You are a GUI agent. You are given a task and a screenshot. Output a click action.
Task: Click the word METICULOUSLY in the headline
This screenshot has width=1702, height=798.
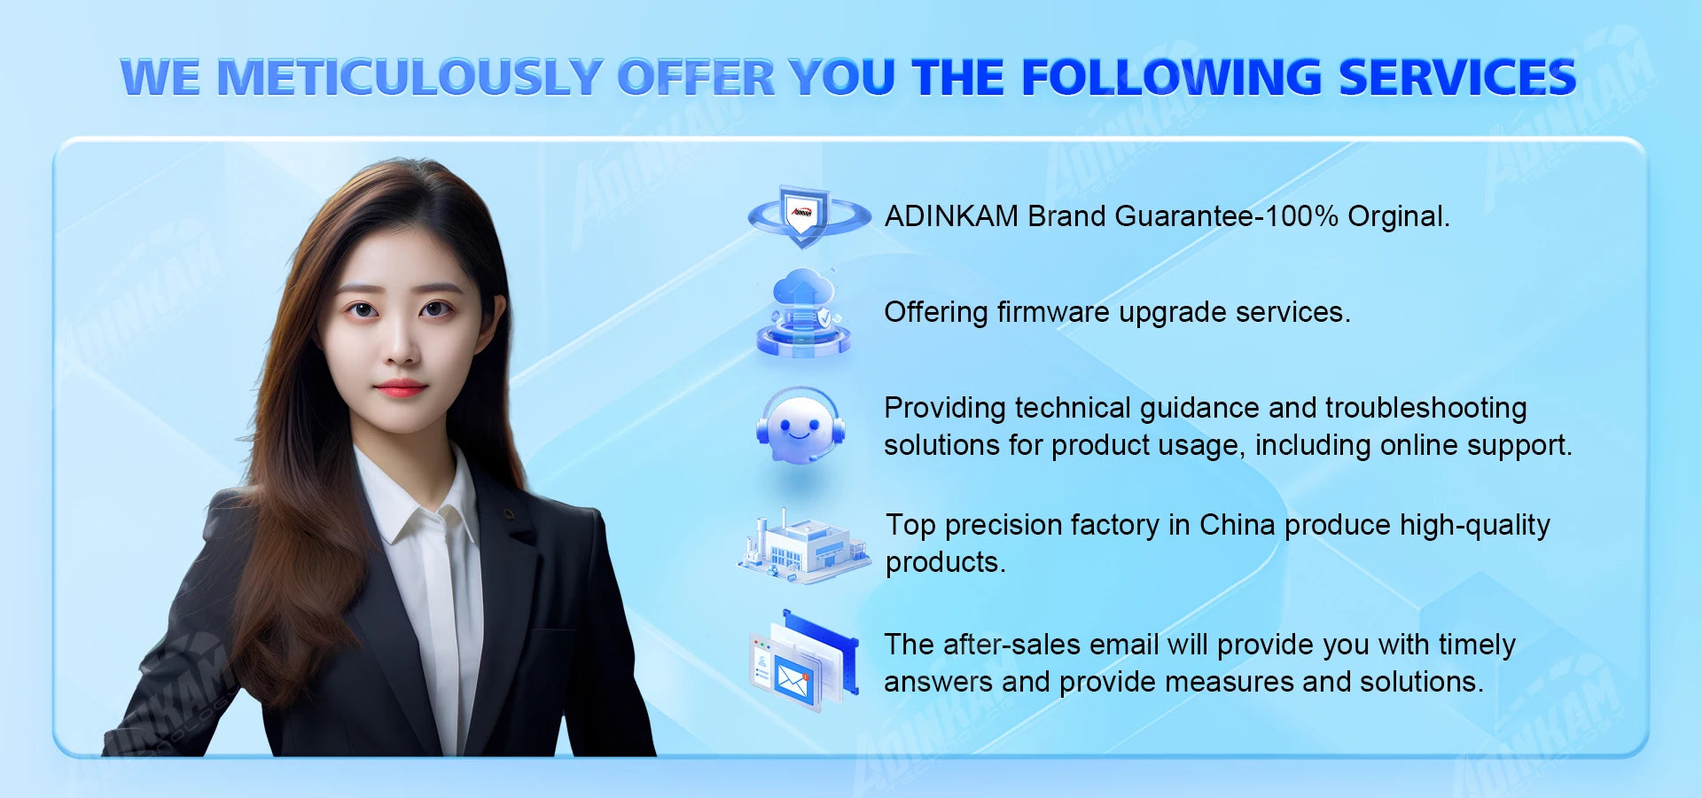click(410, 77)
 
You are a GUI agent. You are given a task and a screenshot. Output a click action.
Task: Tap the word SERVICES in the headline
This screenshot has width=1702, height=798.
click(1457, 77)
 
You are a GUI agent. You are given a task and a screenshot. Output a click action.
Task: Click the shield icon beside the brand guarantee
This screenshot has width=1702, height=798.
click(807, 215)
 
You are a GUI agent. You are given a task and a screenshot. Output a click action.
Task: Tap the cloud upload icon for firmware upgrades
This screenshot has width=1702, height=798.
click(803, 312)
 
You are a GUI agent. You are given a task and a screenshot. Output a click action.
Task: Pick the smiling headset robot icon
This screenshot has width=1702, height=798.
click(800, 426)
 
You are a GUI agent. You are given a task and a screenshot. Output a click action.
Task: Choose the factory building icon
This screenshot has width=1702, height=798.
click(803, 546)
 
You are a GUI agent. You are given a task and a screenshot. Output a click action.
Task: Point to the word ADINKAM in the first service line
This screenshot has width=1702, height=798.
click(951, 216)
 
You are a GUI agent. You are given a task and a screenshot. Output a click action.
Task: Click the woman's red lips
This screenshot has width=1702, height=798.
click(400, 387)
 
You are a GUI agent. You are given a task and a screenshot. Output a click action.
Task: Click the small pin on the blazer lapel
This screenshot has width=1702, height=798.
click(509, 513)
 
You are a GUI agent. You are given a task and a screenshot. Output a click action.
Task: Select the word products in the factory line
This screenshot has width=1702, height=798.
click(945, 563)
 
